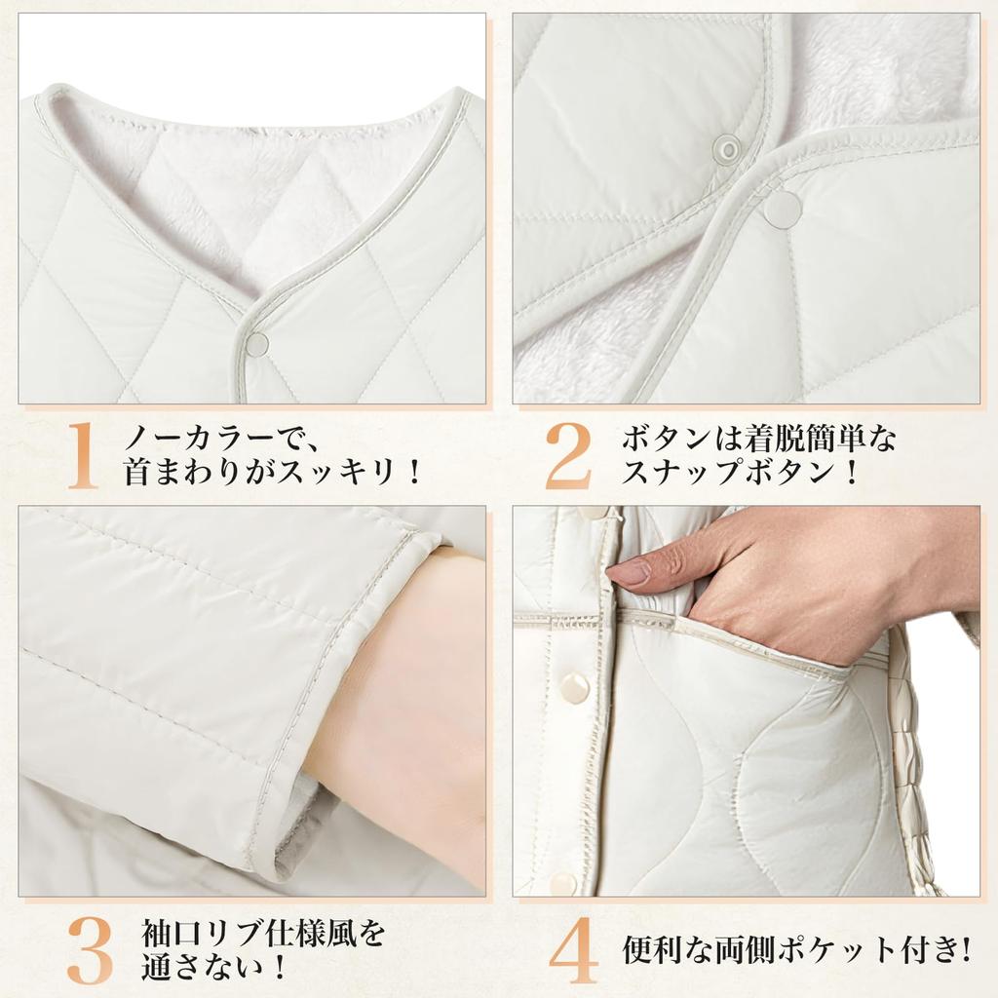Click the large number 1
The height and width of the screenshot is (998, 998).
point(85,455)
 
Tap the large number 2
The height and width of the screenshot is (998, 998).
point(567,455)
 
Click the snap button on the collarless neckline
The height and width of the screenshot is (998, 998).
point(257,343)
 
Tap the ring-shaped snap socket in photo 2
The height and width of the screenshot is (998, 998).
point(726,148)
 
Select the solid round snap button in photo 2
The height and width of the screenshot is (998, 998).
point(782,208)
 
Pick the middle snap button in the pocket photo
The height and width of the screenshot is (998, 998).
point(573,687)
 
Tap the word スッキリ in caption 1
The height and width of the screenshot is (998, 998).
point(336,474)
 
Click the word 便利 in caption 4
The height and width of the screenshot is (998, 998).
point(646,947)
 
